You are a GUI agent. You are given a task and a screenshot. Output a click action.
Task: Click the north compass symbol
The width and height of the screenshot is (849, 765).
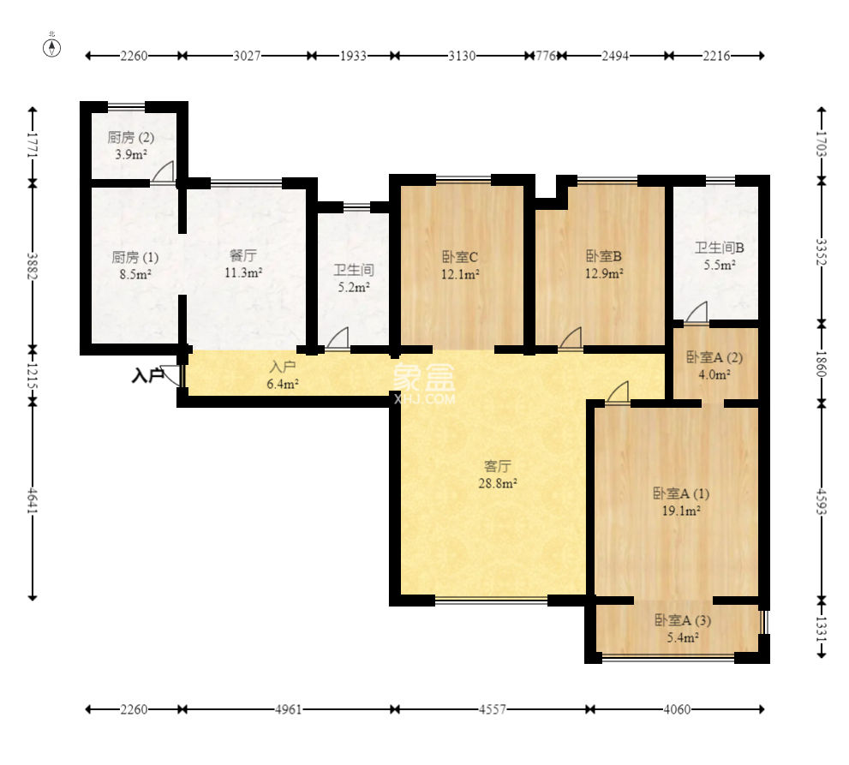52,48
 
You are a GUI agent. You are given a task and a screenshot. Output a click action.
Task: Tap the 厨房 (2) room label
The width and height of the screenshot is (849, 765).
130,138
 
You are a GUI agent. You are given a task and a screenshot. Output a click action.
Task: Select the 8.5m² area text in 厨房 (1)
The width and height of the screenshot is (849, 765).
135,274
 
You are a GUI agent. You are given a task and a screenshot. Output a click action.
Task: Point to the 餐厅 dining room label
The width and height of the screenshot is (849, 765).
243,255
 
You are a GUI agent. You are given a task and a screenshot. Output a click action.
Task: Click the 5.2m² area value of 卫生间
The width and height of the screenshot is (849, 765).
354,287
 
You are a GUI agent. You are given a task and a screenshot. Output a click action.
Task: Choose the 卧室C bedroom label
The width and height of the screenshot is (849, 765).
460,257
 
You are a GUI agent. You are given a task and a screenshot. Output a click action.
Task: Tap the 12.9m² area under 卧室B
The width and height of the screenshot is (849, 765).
604,273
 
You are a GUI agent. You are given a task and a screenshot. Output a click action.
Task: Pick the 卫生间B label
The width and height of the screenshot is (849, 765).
720,248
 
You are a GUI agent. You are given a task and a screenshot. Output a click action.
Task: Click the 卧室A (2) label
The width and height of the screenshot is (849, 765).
714,357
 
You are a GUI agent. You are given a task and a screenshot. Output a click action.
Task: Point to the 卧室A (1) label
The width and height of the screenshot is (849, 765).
680,493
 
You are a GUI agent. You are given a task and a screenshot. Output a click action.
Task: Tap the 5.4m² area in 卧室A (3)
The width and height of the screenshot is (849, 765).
682,637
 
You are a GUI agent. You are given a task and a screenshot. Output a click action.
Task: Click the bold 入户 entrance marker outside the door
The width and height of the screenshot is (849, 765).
147,374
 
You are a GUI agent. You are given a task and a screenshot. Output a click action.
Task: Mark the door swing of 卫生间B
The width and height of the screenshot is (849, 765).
697,313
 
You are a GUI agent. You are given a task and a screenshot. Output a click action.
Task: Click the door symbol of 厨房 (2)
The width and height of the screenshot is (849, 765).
163,171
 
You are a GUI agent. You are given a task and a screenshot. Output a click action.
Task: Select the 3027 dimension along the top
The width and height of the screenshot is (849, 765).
247,56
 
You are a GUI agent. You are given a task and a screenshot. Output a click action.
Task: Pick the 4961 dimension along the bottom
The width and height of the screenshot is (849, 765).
288,708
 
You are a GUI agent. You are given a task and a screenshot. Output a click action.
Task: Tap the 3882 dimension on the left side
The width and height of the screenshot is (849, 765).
33,266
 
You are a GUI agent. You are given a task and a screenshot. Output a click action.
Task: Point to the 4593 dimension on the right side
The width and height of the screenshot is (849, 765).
822,502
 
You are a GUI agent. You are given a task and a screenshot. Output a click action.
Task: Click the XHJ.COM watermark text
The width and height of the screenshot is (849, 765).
425,399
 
